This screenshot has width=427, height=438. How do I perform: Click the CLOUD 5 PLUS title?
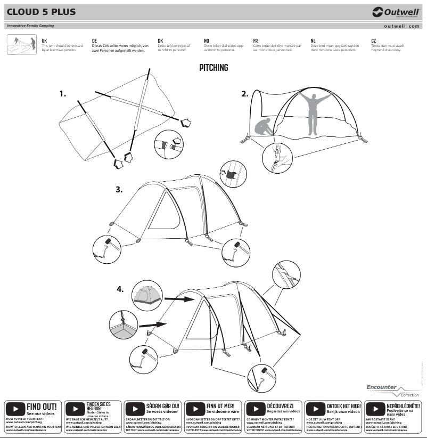41,12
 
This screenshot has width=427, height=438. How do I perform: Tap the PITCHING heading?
213,68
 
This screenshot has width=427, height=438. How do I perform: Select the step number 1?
63,94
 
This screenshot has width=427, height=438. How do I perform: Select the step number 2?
244,94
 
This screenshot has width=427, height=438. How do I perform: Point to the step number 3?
119,189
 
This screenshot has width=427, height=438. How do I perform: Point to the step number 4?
120,289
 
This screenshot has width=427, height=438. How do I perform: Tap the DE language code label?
94,40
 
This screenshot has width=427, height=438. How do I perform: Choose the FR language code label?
256,40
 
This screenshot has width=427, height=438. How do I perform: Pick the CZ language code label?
374,40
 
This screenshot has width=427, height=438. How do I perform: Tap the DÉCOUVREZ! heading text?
284,406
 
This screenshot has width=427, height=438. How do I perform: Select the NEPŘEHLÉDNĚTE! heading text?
403,406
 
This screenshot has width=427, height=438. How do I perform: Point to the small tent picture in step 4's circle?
146,295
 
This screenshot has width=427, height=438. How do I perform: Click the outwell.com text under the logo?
401,26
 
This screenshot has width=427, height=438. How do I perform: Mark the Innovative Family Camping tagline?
31,26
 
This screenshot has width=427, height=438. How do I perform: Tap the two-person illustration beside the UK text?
21,45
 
